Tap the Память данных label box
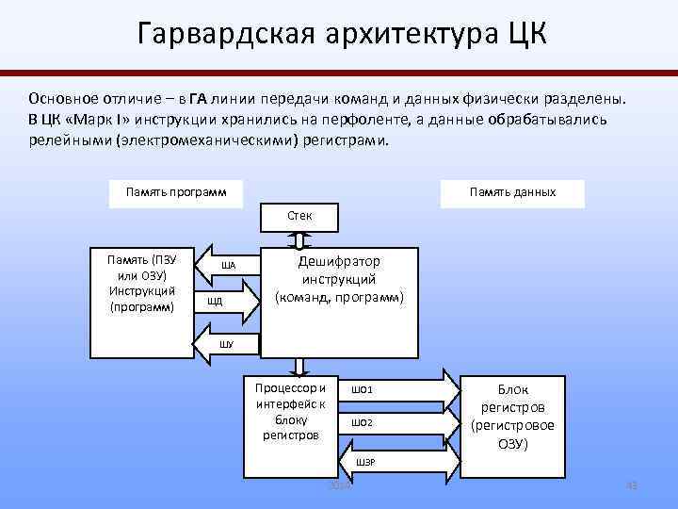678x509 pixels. [x=512, y=192]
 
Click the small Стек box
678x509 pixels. [x=299, y=216]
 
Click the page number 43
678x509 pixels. [x=631, y=485]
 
